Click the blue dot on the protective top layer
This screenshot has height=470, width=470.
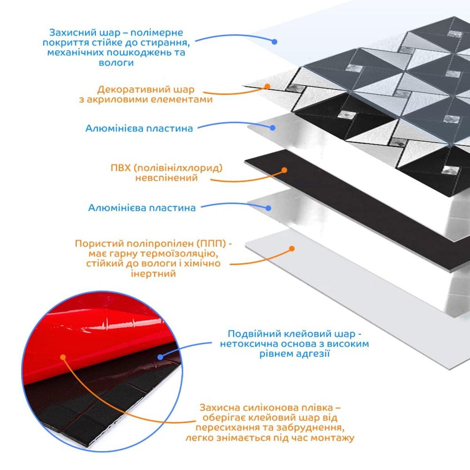point(275,41)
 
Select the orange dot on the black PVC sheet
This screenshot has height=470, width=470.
point(284,170)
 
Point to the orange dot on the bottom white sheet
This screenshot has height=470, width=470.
point(291,248)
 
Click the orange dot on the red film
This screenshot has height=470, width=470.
point(62,357)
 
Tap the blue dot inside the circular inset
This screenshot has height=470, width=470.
point(160,356)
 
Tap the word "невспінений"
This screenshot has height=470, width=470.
point(166,178)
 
